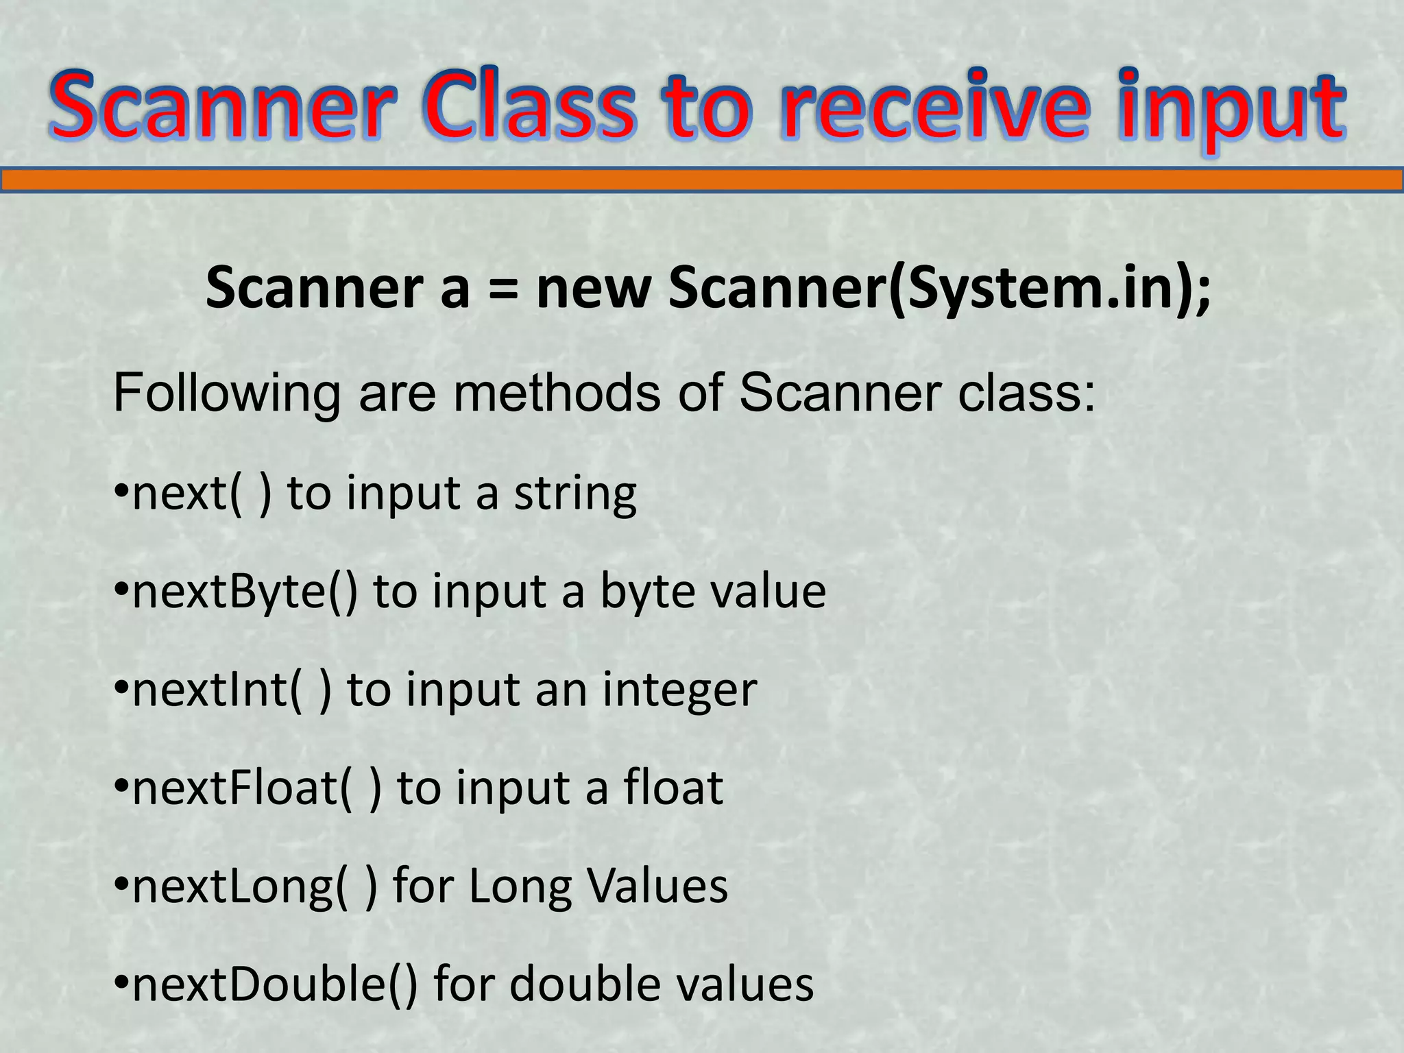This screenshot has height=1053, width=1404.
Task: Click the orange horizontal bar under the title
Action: coord(702,180)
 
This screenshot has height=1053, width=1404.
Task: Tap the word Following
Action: coord(226,395)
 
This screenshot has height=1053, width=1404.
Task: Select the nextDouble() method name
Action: coord(275,985)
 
